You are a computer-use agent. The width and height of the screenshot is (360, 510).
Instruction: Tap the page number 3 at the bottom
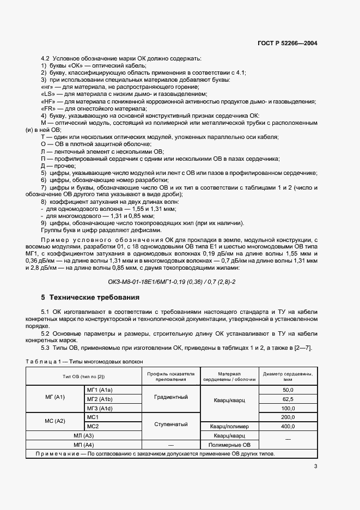315,466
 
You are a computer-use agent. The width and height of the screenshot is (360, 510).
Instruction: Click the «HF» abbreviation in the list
48,101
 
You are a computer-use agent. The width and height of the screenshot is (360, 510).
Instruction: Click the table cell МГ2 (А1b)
99,399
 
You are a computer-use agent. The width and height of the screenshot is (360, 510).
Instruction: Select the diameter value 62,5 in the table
288,399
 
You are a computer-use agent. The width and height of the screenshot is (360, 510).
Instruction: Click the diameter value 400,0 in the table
288,426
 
